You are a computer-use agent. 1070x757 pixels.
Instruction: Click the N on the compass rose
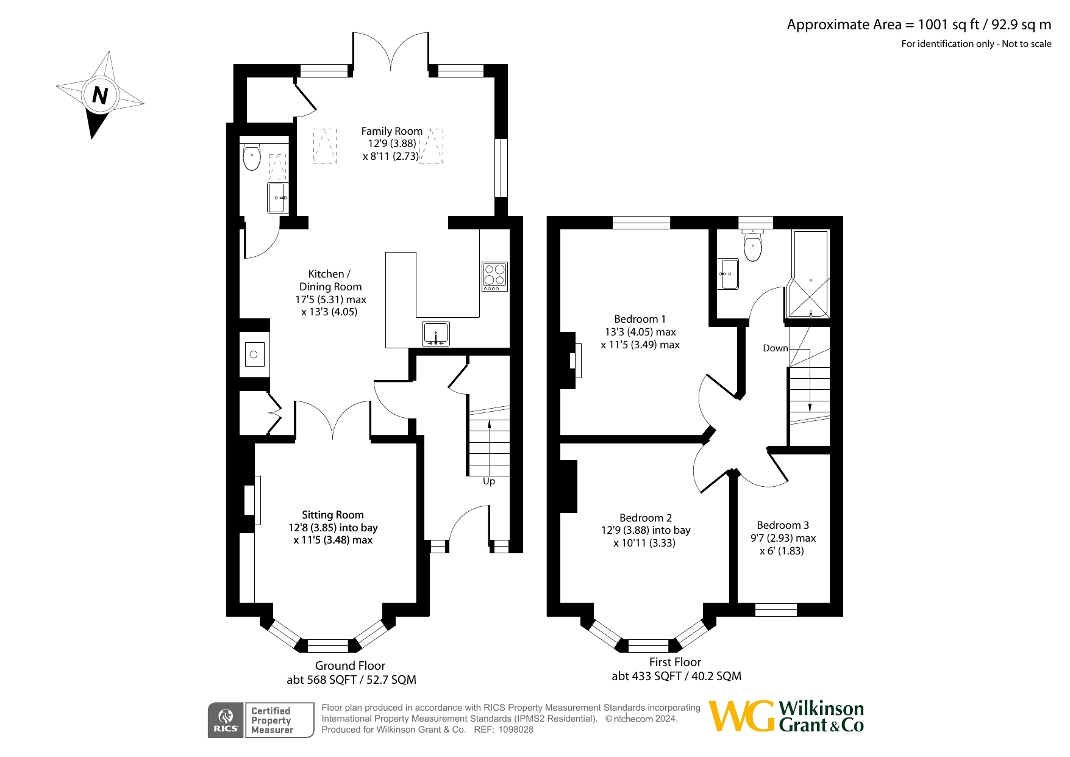click(x=100, y=95)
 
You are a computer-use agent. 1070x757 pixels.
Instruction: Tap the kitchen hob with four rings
click(x=494, y=276)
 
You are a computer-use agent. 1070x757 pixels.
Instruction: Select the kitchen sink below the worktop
click(x=436, y=334)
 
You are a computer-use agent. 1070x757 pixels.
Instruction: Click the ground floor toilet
click(x=251, y=157)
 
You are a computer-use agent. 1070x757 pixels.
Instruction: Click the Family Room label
click(x=391, y=131)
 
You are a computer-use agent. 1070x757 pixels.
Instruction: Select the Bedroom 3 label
click(x=783, y=525)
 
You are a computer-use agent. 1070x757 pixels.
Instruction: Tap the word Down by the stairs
click(x=776, y=348)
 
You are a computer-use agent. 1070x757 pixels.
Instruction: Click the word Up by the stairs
click(x=489, y=481)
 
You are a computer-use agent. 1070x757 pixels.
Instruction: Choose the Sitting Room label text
click(x=333, y=515)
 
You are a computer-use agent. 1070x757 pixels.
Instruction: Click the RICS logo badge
click(x=226, y=720)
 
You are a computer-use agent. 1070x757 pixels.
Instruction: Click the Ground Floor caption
click(x=350, y=666)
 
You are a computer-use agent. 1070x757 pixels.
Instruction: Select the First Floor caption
click(x=675, y=662)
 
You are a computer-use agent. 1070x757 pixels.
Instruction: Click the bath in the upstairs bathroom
click(x=810, y=274)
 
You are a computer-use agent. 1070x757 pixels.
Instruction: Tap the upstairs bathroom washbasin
click(x=728, y=274)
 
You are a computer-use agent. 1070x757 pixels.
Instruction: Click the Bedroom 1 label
click(x=640, y=319)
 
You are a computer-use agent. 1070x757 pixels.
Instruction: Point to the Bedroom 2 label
click(x=646, y=518)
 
